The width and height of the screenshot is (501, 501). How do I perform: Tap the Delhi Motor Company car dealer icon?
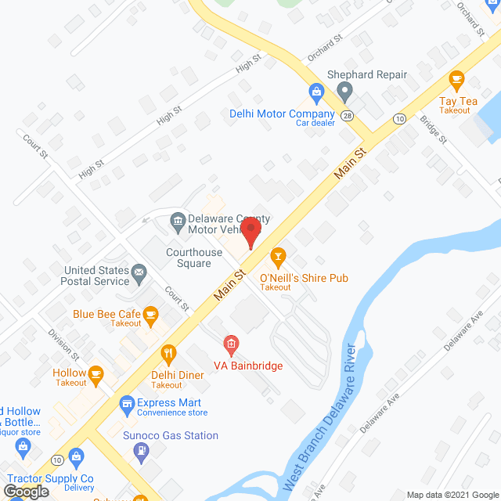[x=316, y=92]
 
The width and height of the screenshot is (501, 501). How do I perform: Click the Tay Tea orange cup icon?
[x=457, y=80]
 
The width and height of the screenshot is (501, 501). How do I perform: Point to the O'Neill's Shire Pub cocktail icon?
[x=277, y=256]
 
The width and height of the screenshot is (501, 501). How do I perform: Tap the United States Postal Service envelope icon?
[x=139, y=275]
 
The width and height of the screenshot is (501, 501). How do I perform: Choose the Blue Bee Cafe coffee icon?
[x=151, y=316]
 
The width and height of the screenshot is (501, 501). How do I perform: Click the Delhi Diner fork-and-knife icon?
[x=167, y=354]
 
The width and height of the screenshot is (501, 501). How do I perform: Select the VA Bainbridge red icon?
[x=230, y=343]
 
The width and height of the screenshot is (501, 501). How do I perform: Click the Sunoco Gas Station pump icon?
[x=140, y=451]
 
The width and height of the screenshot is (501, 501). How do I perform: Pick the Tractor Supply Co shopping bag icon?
[x=76, y=456]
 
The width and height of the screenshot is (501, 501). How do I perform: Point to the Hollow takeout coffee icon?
[x=96, y=373]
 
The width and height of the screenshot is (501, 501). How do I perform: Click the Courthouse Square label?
[x=189, y=258]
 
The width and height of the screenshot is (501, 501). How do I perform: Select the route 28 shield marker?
[x=347, y=116]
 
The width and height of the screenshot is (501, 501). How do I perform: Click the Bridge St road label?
[x=432, y=130]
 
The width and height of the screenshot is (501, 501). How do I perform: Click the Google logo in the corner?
[x=25, y=491]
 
